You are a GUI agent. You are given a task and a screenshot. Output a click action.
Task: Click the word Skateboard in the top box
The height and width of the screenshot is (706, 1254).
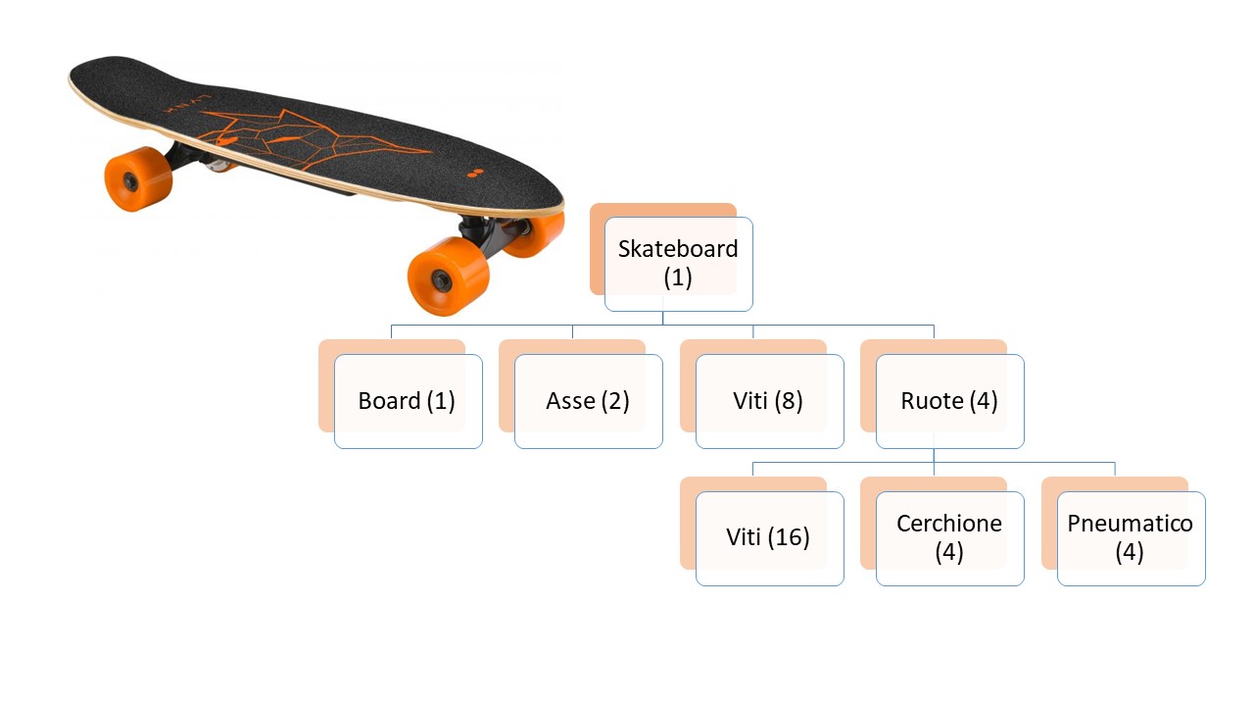678,249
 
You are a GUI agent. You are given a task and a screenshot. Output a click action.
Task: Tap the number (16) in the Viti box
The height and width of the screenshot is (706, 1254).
789,537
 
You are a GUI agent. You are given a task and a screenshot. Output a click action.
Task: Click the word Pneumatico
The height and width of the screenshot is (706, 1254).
1130,524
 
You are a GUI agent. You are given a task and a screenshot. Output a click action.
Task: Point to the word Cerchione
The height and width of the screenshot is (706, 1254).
949,524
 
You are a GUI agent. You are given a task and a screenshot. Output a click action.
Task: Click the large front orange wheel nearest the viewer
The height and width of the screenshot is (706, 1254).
448,276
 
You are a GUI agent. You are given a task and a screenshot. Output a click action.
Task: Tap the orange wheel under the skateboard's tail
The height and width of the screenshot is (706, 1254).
138,179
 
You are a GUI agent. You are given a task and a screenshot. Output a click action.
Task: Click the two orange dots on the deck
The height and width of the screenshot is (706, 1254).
475,174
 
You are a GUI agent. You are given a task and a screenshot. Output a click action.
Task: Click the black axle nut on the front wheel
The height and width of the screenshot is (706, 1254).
440,277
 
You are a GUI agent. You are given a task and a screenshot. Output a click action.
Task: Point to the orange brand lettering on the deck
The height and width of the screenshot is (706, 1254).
187,103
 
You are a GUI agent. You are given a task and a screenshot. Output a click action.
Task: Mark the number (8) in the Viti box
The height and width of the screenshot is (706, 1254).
789,401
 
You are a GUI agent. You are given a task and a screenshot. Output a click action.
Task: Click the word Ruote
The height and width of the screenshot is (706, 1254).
932,401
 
